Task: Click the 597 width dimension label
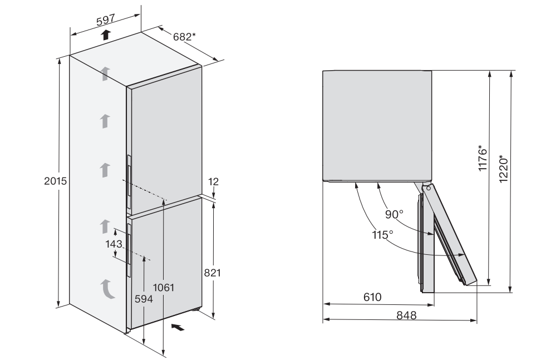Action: coord(105,20)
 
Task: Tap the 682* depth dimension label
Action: coord(184,37)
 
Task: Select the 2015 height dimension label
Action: coord(55,181)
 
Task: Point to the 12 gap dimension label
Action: coord(213,181)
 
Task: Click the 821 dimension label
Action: coord(212,273)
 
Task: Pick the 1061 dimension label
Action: coord(164,288)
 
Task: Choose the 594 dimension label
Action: coord(144,299)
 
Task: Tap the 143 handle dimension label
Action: coord(114,244)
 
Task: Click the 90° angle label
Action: coord(394,214)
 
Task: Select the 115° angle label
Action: coord(382,235)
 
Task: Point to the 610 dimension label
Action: coord(372,297)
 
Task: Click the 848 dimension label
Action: coord(406,315)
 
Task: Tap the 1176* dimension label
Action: coord(482,158)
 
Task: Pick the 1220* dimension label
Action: coord(503,169)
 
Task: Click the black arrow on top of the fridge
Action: coord(106,34)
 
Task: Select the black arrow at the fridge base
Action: coord(178,327)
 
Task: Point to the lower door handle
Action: coord(129,250)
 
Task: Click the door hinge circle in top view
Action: coord(429,188)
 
